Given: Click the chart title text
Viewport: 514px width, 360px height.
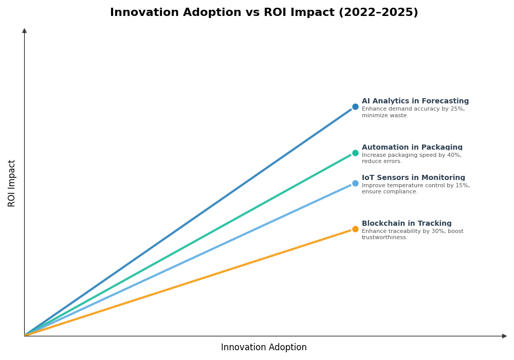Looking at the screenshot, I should (x=264, y=12).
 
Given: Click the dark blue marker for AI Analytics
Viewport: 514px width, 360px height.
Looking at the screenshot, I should (x=355, y=107).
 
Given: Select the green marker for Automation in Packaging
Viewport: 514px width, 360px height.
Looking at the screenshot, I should (x=355, y=153).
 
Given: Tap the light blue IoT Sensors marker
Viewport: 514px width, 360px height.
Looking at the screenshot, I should (x=355, y=183).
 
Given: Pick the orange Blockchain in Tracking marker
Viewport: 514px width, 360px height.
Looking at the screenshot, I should (x=355, y=229).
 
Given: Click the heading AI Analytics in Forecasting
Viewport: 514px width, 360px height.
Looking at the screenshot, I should (x=415, y=101).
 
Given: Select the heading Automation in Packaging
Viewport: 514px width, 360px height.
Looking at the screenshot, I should (x=412, y=148).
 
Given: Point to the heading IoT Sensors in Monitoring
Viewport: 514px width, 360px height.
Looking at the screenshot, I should (x=413, y=178).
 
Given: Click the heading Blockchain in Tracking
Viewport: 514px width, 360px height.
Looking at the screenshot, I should (x=407, y=224).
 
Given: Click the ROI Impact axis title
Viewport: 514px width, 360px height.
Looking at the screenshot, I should (x=12, y=183).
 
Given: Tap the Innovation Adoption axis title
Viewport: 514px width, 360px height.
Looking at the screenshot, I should (x=264, y=348).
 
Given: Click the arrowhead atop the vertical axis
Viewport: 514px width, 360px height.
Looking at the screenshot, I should (x=24, y=31).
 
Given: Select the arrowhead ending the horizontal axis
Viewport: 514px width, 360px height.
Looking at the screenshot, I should (x=504, y=336).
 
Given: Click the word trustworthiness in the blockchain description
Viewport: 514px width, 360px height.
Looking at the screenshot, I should (x=384, y=238).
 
